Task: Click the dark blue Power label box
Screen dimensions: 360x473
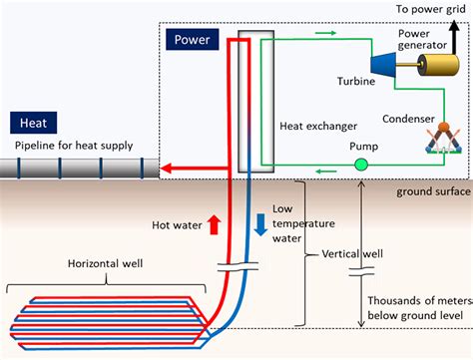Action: click(193, 40)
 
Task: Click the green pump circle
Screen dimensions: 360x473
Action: click(360, 163)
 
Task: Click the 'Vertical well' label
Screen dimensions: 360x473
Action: click(354, 254)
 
